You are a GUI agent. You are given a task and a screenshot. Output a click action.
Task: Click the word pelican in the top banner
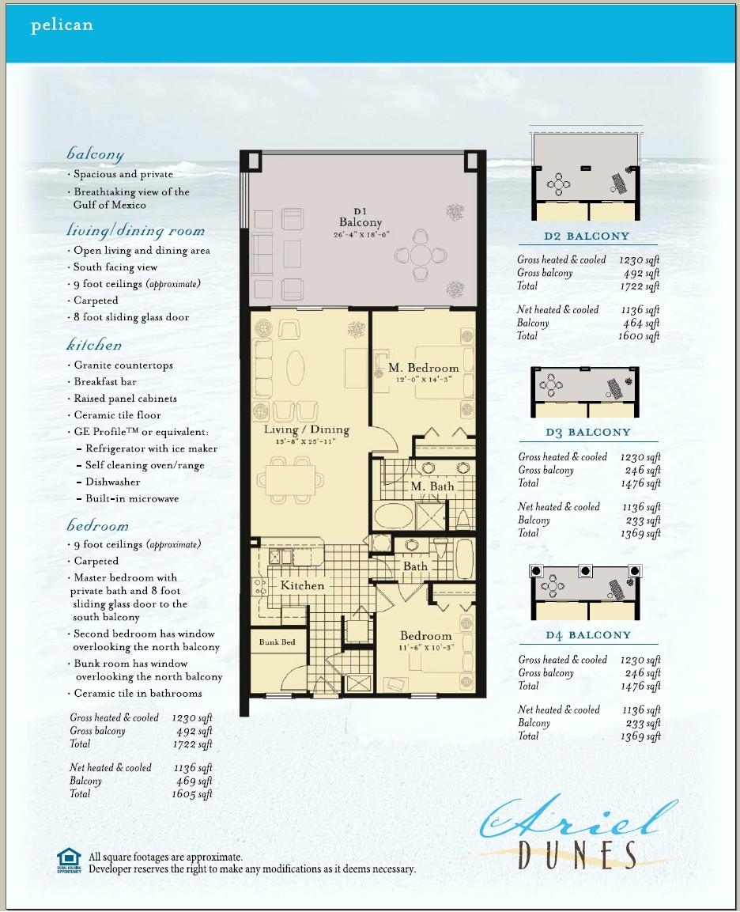[62, 25]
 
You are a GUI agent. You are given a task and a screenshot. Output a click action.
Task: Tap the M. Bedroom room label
[423, 368]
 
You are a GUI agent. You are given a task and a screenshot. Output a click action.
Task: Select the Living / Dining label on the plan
[306, 430]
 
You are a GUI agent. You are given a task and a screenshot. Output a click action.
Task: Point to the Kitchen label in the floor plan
[302, 586]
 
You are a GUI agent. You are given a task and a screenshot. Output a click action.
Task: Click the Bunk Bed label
[277, 642]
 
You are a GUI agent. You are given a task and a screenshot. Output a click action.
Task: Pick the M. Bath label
[432, 486]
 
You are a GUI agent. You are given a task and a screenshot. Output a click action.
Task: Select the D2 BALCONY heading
[587, 236]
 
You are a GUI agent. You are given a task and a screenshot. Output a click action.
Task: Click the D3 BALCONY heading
[587, 433]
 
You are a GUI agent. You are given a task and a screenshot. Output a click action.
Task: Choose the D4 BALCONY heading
[587, 635]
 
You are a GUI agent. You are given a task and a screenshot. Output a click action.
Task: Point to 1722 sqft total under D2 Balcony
[640, 286]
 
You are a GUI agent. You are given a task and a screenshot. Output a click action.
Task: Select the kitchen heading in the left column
[94, 346]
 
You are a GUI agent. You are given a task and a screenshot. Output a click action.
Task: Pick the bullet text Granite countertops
[123, 365]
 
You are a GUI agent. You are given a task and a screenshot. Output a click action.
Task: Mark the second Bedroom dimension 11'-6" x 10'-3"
[425, 648]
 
